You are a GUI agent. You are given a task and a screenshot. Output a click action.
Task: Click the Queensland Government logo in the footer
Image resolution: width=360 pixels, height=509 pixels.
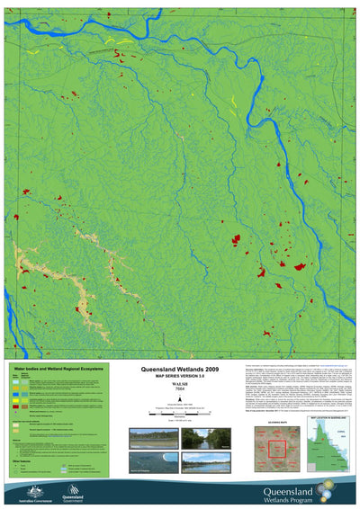pos(71,491)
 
